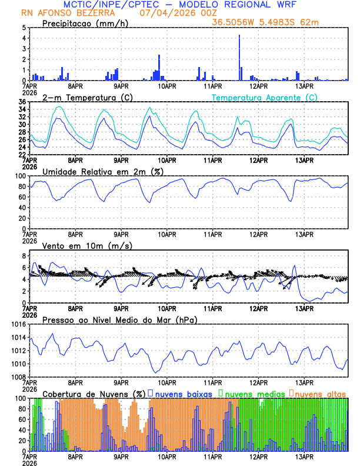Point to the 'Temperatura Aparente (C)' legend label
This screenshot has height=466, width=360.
265,97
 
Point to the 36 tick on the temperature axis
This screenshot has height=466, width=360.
22,102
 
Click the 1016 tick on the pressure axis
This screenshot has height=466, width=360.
18,324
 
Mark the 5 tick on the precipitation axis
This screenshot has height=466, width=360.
24,28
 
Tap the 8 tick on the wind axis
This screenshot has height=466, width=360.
23,256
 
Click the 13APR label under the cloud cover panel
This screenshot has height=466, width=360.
304,456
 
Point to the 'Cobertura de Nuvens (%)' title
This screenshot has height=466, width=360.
94,393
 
